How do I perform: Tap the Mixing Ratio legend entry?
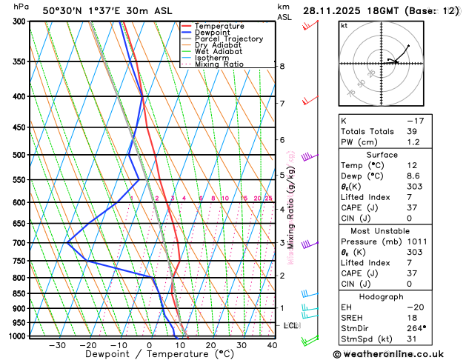click(219, 64)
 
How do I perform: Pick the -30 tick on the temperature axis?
click(57, 344)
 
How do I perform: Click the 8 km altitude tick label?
click(282, 67)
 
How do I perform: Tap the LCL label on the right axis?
click(290, 326)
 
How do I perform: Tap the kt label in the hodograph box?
click(344, 25)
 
